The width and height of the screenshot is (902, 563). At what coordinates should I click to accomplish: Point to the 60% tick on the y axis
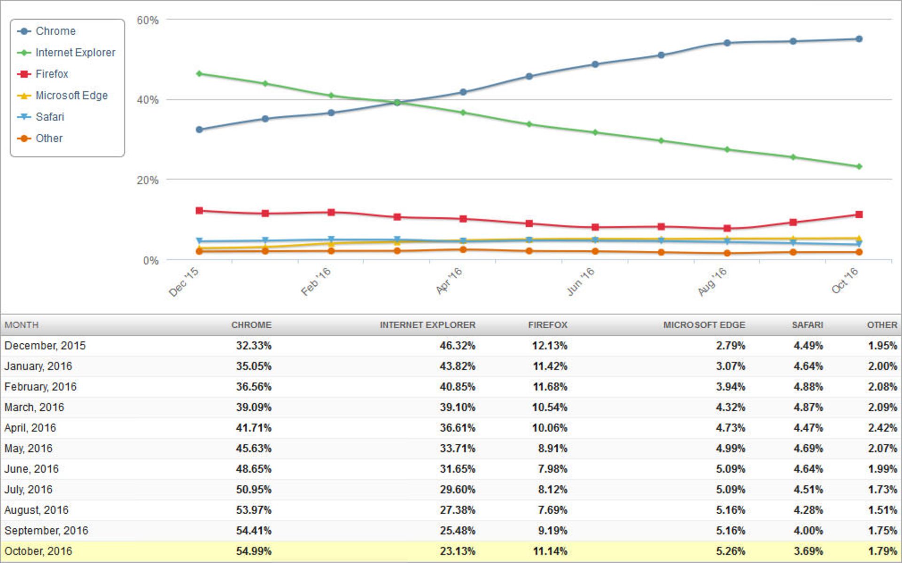coord(148,20)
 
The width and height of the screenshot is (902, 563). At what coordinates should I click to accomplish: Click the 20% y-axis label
coord(148,180)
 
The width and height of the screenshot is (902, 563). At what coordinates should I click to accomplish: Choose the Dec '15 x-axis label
coord(184,282)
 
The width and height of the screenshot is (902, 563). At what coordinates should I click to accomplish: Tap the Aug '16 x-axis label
coord(712,282)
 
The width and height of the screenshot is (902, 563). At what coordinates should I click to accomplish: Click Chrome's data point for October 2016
coord(859,39)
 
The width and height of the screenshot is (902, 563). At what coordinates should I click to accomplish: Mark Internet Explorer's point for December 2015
coord(199,74)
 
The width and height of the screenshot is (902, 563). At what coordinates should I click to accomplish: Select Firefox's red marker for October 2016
coord(859,215)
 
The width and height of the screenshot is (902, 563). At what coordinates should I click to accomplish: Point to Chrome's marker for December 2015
coord(199,130)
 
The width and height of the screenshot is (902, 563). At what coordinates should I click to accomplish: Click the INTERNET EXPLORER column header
coord(427,325)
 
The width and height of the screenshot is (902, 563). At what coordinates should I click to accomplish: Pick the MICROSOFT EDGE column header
coord(704,325)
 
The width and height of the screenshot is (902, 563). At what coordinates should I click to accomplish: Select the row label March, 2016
coord(34,407)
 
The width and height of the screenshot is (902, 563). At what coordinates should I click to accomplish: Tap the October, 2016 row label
coord(39,551)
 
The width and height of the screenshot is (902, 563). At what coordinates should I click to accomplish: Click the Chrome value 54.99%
coord(253,551)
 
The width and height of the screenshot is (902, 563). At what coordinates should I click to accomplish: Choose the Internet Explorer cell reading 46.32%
coord(457,346)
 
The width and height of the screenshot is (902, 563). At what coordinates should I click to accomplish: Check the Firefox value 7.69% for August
coord(552,510)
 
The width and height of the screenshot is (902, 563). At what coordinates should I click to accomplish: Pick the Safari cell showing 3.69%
coord(808,551)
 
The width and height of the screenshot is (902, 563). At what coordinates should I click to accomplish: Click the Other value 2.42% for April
coord(882,428)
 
